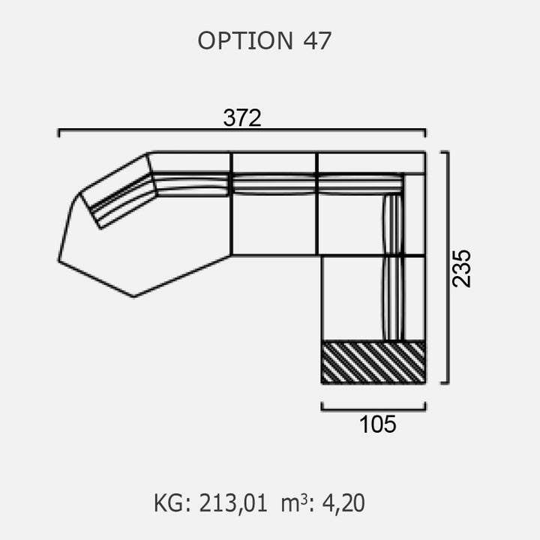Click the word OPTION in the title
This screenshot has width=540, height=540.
[x=245, y=40]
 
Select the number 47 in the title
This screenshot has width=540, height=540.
[x=317, y=40]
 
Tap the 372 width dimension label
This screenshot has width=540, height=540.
[x=242, y=118]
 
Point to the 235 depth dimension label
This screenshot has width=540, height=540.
[x=461, y=268]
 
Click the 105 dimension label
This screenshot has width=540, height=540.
[x=377, y=424]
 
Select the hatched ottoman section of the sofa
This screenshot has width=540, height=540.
[x=373, y=362]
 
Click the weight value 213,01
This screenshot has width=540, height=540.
[x=233, y=503]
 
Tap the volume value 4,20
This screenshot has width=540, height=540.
[x=343, y=503]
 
